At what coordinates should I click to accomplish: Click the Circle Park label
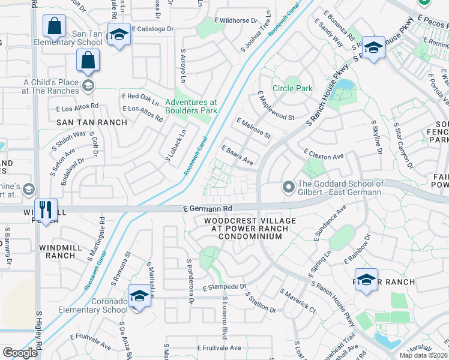(x=292, y=88)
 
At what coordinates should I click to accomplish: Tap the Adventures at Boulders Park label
(x=191, y=106)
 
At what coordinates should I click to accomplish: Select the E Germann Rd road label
(x=207, y=208)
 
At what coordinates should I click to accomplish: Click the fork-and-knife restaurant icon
(x=46, y=209)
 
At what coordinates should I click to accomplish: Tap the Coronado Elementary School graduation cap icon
(x=139, y=296)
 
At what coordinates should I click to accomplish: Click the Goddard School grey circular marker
(x=288, y=188)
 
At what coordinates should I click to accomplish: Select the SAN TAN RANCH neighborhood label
(x=92, y=122)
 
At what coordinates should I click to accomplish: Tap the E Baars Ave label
(x=238, y=155)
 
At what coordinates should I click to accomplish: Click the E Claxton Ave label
(x=324, y=154)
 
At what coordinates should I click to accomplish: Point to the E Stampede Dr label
(x=224, y=287)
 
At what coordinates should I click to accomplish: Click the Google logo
(x=20, y=353)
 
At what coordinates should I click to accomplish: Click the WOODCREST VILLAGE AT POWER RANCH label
(x=242, y=229)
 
